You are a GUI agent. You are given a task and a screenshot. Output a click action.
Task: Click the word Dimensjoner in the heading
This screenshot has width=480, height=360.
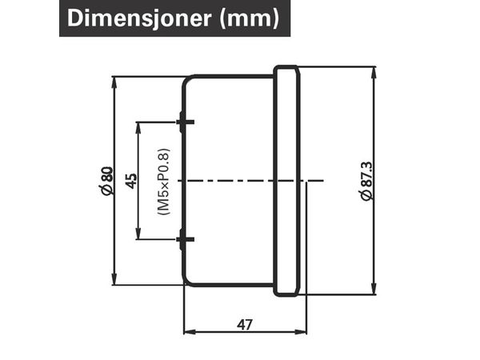pos(139,18)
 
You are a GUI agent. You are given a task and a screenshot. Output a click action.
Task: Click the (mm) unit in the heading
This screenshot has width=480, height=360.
pos(250,18)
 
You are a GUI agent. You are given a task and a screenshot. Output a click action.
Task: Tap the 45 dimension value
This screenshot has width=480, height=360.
pos(132,181)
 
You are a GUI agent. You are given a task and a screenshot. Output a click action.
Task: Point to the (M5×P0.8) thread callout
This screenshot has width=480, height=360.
pos(163,182)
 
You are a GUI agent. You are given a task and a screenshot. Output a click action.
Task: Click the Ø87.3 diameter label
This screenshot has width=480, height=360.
pos(366,181)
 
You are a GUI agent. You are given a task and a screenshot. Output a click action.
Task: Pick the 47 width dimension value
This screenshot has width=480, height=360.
pos(245,325)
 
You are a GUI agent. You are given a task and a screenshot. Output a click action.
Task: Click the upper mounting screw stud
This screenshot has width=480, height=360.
pos(186,122)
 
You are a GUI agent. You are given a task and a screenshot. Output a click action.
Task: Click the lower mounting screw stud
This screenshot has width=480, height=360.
pos(186,239)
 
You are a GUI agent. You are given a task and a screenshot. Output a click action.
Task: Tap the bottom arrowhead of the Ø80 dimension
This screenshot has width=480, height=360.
pos(114,279)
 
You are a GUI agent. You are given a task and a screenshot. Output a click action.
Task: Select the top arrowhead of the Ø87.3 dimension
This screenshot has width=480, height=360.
pos(374,72)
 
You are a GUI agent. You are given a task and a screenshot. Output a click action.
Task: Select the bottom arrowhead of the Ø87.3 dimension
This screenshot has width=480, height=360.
pos(374,289)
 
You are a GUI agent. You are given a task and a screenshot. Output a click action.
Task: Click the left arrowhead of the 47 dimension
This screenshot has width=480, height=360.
pos(190,332)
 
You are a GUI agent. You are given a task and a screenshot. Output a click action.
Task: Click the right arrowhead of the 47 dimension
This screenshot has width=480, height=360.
pos(301,332)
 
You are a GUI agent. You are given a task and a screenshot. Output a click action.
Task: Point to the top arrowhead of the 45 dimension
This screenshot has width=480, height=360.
pos(138,128)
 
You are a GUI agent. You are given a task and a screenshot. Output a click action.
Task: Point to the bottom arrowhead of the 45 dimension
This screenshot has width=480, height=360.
pos(138,234)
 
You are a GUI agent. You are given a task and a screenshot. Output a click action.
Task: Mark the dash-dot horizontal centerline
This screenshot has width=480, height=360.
pos(250,181)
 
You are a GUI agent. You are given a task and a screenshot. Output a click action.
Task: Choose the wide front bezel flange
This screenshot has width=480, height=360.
pos(287,181)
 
